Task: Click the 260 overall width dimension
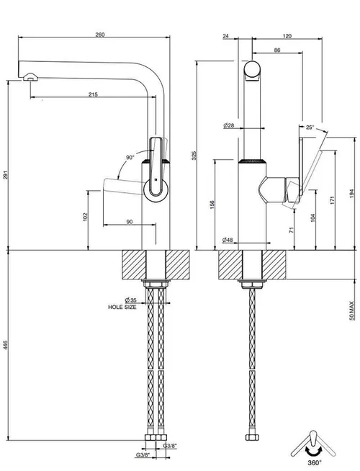point(100,35)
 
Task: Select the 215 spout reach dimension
point(93,94)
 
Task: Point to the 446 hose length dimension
point(6,345)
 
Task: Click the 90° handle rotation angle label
point(130,158)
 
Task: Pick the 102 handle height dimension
point(85,217)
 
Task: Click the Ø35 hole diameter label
point(130,300)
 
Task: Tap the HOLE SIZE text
point(122,307)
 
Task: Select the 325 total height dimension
point(194,156)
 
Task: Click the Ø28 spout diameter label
point(229,125)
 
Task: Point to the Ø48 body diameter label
point(228,240)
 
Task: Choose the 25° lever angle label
point(310,127)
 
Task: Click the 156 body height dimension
point(212,205)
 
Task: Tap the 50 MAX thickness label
point(351,310)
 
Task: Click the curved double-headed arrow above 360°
point(314,451)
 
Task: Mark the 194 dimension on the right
point(351,194)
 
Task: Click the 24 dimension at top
point(226,36)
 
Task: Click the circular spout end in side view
point(252,69)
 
